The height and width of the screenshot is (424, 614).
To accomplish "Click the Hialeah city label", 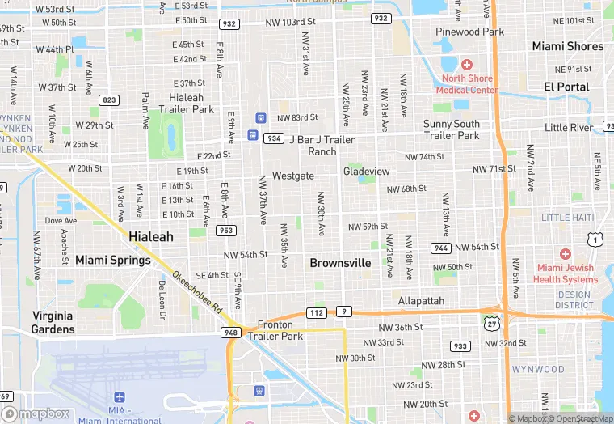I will click(x=151, y=236).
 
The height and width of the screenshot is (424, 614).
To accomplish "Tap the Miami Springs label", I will click(x=112, y=261).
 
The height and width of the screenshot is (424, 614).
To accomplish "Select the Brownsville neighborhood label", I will click(x=340, y=263).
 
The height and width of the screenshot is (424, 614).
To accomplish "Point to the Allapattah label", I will click(x=421, y=301).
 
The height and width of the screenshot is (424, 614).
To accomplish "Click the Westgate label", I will click(x=292, y=176).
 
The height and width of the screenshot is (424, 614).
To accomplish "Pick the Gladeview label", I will click(x=366, y=172).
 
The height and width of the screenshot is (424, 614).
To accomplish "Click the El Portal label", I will click(x=566, y=87).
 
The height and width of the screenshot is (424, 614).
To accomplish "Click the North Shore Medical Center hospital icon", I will click(x=466, y=65).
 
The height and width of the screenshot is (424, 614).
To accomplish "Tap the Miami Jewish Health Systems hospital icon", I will click(x=565, y=254).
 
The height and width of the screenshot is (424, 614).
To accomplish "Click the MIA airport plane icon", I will click(x=120, y=397).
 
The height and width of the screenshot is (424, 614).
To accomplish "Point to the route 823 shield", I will click(x=108, y=100).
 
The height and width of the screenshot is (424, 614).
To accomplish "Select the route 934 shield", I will click(x=274, y=138).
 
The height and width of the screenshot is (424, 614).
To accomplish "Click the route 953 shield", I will click(x=226, y=231).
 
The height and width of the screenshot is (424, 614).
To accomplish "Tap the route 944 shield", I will click(x=441, y=248).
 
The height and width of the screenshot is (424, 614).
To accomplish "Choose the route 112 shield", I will click(x=317, y=312).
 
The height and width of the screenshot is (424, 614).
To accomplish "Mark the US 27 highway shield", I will click(x=491, y=323).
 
